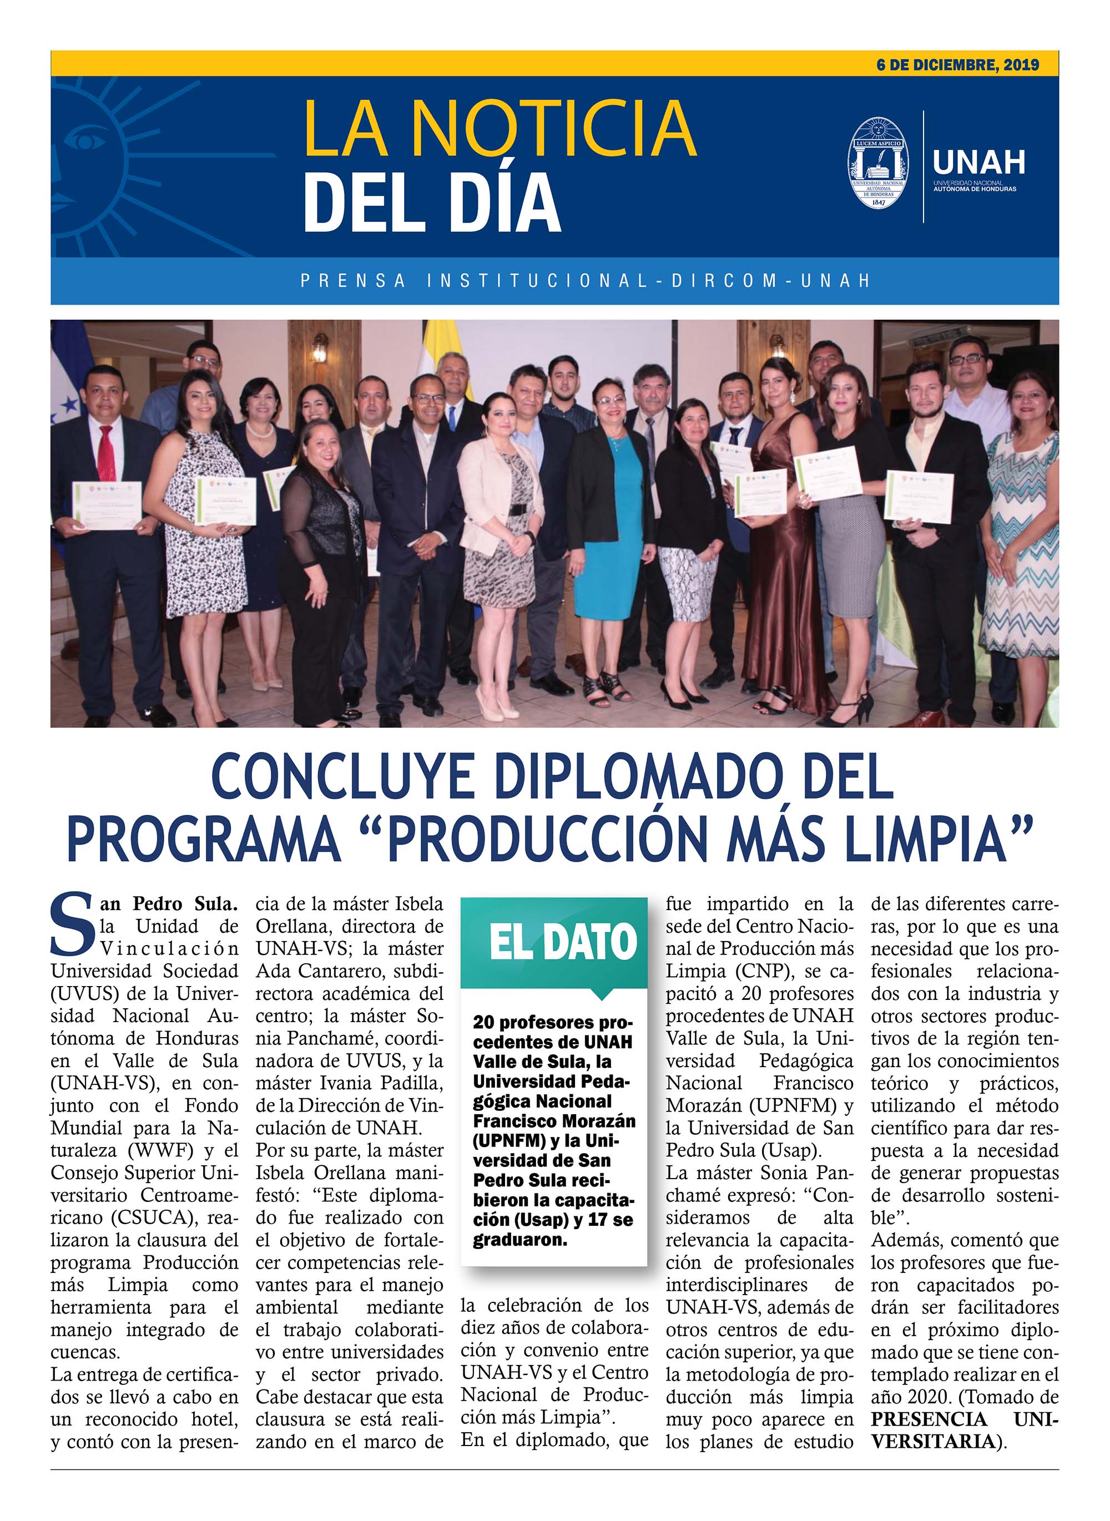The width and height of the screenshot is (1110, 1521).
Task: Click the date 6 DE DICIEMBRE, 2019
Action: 957,65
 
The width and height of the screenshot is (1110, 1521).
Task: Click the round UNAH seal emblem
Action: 877,163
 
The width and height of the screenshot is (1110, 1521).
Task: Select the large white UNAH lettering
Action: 979,162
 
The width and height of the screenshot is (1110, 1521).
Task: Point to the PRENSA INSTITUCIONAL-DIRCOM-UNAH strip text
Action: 584,280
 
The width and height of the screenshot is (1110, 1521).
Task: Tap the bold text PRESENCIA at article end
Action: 929,1419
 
